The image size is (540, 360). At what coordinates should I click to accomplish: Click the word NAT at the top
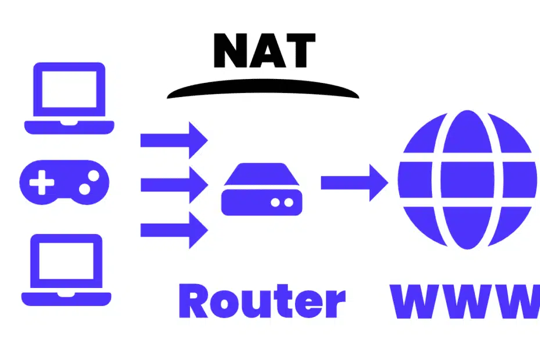[264, 51]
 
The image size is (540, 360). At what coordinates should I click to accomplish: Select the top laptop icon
[69, 98]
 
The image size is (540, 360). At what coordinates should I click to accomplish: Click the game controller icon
[64, 182]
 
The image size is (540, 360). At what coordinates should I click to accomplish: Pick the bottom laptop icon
[66, 270]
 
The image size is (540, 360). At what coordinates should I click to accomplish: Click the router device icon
[262, 189]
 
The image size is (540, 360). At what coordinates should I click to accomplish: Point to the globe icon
[467, 179]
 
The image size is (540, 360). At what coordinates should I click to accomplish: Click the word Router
[262, 301]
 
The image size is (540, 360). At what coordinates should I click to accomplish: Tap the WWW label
[465, 301]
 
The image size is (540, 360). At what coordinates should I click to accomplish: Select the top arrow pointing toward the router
[174, 140]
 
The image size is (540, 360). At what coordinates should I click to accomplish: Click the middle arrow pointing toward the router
[174, 185]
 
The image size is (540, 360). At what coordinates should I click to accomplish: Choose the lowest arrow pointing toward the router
[174, 230]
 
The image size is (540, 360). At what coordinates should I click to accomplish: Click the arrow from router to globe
[354, 182]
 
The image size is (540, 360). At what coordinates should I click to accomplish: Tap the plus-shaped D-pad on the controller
[42, 182]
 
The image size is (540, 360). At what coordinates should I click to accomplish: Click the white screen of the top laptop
[69, 89]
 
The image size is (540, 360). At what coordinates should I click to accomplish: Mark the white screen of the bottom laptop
[66, 261]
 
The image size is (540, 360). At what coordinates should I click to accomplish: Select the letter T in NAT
[300, 51]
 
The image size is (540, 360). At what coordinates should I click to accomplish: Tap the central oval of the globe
[467, 179]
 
